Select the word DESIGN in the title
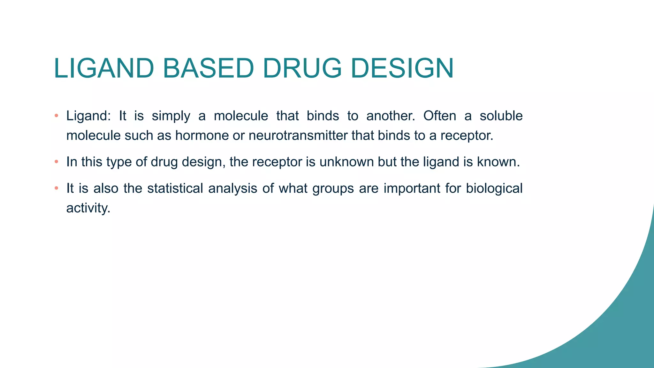click(402, 68)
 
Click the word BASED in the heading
click(209, 68)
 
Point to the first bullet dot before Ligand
click(56, 116)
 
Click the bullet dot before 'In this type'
click(56, 162)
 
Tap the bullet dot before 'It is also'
click(56, 188)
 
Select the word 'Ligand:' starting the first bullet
click(88, 116)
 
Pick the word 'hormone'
click(202, 135)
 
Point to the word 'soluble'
click(501, 116)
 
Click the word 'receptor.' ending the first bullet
click(467, 135)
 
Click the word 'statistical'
click(175, 188)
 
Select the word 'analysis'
click(232, 188)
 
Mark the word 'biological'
click(494, 188)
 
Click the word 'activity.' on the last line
click(88, 208)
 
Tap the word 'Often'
click(440, 116)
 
